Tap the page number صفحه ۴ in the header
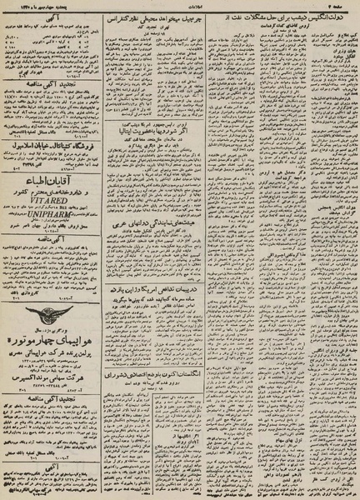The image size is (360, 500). point(341,6)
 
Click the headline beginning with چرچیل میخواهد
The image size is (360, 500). point(167,17)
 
